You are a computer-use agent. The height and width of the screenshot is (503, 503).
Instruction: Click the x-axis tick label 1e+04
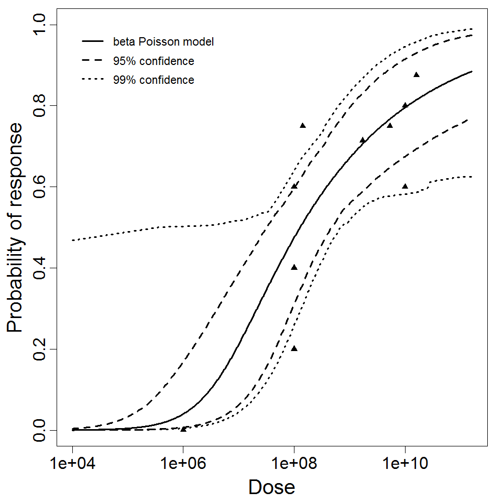(x=72, y=464)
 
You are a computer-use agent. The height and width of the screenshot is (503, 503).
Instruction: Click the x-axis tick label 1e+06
(x=183, y=464)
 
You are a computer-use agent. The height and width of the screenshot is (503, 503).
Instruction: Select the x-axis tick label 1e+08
(x=294, y=464)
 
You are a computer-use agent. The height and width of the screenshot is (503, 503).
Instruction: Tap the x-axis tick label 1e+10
(x=405, y=464)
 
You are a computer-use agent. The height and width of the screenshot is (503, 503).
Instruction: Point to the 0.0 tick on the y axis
(x=40, y=430)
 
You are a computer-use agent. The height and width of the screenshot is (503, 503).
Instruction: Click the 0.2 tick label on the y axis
(x=40, y=349)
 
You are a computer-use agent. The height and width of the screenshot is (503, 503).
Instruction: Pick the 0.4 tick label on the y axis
(x=40, y=268)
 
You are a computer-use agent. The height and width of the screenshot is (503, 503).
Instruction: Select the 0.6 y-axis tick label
(x=40, y=187)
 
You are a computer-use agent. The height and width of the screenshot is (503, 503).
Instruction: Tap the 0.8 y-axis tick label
(x=40, y=105)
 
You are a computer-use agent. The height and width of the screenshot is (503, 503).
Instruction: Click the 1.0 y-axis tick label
(x=40, y=24)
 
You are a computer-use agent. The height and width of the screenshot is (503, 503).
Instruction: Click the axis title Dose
(x=271, y=488)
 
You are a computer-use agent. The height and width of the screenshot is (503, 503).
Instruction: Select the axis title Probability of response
(x=16, y=227)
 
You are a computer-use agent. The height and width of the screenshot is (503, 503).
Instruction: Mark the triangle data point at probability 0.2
(x=294, y=348)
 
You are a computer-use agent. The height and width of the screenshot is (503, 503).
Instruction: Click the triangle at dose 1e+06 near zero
(x=183, y=429)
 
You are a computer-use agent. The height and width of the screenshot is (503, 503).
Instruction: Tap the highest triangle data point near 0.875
(x=417, y=74)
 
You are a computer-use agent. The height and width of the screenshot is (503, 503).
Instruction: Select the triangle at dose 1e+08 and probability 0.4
(x=294, y=267)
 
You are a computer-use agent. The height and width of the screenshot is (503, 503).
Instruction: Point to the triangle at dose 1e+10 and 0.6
(x=405, y=186)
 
